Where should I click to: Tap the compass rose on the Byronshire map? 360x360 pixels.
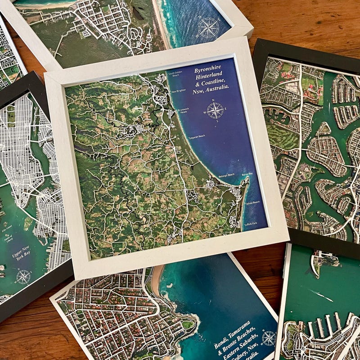215,110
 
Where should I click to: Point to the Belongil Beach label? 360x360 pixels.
226,175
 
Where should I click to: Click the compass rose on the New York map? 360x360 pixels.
23,276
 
